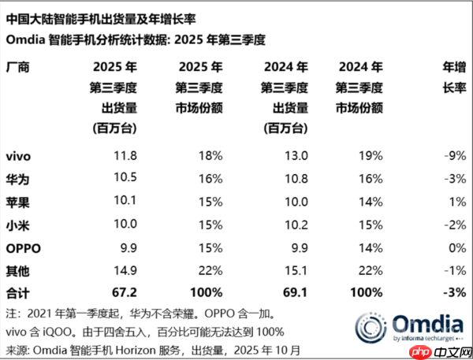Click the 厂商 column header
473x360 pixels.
(18, 67)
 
